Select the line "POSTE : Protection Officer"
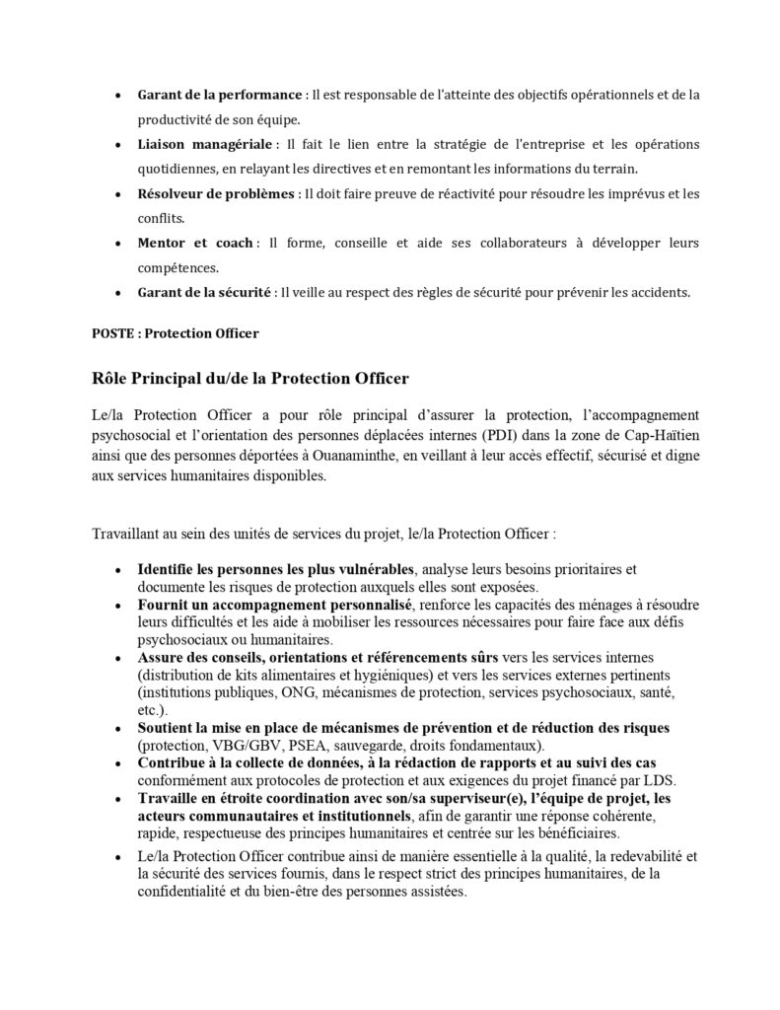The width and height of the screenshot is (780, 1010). click(x=176, y=333)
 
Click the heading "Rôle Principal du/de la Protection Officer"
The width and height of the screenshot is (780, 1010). click(x=249, y=379)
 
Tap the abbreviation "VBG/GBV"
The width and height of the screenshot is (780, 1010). click(x=246, y=745)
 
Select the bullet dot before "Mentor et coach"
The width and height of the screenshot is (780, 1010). click(x=118, y=243)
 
